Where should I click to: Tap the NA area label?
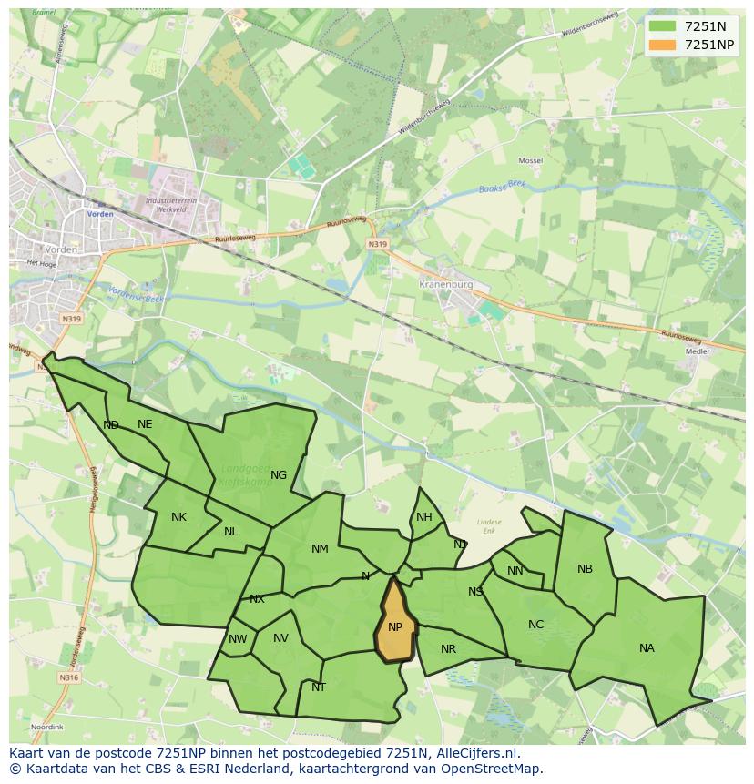pyautogui.click(x=647, y=648)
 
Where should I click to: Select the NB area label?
pyautogui.click(x=585, y=569)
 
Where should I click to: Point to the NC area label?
pyautogui.click(x=535, y=625)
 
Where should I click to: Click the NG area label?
pyautogui.click(x=279, y=474)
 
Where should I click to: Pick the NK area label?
pyautogui.click(x=178, y=517)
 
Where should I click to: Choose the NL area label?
pyautogui.click(x=231, y=532)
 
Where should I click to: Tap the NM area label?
pyautogui.click(x=320, y=549)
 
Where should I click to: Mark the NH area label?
pyautogui.click(x=424, y=517)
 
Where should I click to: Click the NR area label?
pyautogui.click(x=448, y=649)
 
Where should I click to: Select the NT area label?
pyautogui.click(x=319, y=687)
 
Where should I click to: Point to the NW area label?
pyautogui.click(x=238, y=639)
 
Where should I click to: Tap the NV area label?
pyautogui.click(x=280, y=638)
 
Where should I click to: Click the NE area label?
pyautogui.click(x=145, y=424)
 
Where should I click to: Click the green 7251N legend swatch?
pyautogui.click(x=662, y=26)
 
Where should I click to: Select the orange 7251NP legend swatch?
pyautogui.click(x=662, y=45)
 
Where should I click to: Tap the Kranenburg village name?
pyautogui.click(x=446, y=284)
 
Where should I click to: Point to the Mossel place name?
pyautogui.click(x=530, y=160)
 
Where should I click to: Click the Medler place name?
pyautogui.click(x=698, y=351)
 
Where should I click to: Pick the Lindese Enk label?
pyautogui.click(x=489, y=526)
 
